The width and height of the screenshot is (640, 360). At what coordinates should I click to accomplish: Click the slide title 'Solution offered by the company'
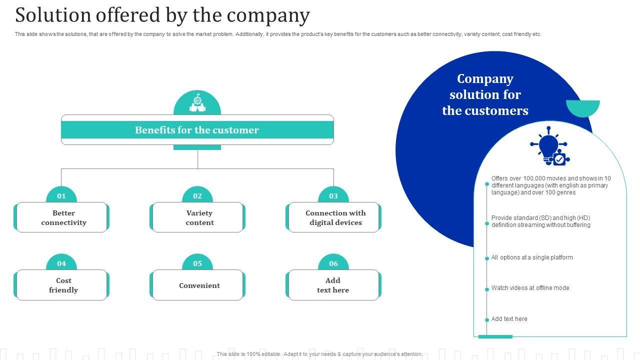162,15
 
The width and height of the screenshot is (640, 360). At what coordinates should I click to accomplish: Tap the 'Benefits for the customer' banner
197,130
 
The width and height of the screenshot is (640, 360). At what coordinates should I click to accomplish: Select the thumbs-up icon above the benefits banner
197,103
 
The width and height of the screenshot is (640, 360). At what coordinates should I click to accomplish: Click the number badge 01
61,195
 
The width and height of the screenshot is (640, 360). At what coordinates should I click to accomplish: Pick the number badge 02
197,195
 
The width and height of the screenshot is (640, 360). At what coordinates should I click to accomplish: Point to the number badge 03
333,195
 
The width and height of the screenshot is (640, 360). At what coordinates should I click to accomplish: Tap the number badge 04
61,263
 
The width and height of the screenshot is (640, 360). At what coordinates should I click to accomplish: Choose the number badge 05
197,263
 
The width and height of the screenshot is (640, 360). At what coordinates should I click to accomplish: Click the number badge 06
333,263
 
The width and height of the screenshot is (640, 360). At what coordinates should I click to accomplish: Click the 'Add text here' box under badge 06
333,285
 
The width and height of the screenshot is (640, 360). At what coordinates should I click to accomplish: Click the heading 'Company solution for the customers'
485,94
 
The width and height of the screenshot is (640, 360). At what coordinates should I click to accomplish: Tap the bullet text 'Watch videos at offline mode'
530,288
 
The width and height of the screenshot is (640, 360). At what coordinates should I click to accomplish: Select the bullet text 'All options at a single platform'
532,257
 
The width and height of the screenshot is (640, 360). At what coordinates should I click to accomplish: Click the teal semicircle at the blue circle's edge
583,107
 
